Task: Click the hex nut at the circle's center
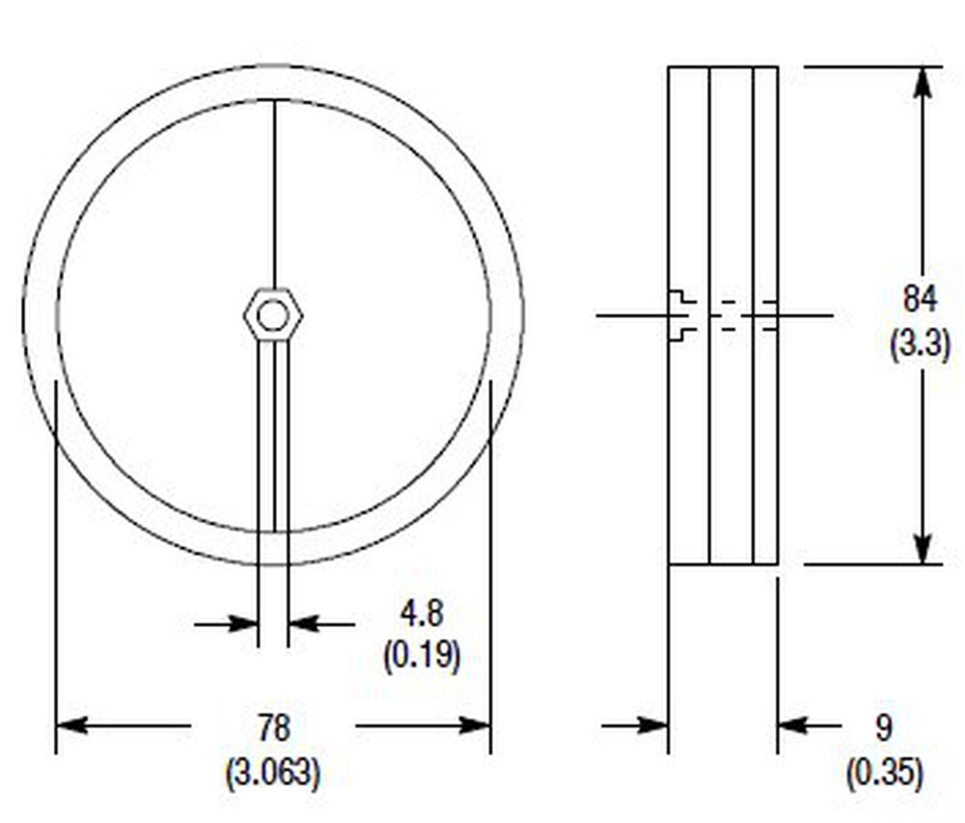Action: pos(273,315)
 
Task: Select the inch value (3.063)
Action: pos(273,773)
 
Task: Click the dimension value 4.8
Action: pos(422,615)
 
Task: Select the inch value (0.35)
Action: pos(884,773)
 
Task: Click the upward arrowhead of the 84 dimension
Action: pos(924,81)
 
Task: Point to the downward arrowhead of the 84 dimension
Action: pos(924,549)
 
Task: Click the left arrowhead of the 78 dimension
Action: pos(70,725)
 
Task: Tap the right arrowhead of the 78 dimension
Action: pos(477,725)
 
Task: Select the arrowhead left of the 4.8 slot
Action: pos(245,624)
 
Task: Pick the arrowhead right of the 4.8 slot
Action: pos(302,624)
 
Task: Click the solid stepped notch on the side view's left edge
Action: pos(681,315)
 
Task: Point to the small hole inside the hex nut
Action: pos(273,315)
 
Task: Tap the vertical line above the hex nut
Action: pos(274,193)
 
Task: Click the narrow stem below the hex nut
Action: pos(273,434)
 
